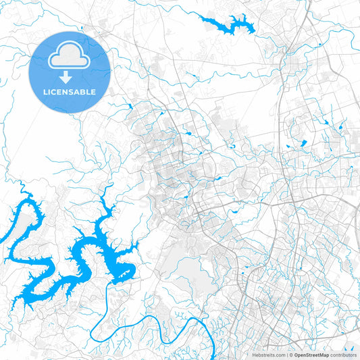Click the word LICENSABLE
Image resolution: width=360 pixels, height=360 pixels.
[70, 91]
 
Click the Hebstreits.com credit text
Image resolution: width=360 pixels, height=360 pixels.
[268, 355]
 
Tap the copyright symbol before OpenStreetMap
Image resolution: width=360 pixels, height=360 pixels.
[290, 355]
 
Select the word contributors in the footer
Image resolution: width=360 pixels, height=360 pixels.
[343, 355]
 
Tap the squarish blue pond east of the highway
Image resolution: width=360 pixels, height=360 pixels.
[302, 143]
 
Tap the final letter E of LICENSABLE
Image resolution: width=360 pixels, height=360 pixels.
[93, 91]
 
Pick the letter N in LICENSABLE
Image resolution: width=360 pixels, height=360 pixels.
[66, 91]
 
